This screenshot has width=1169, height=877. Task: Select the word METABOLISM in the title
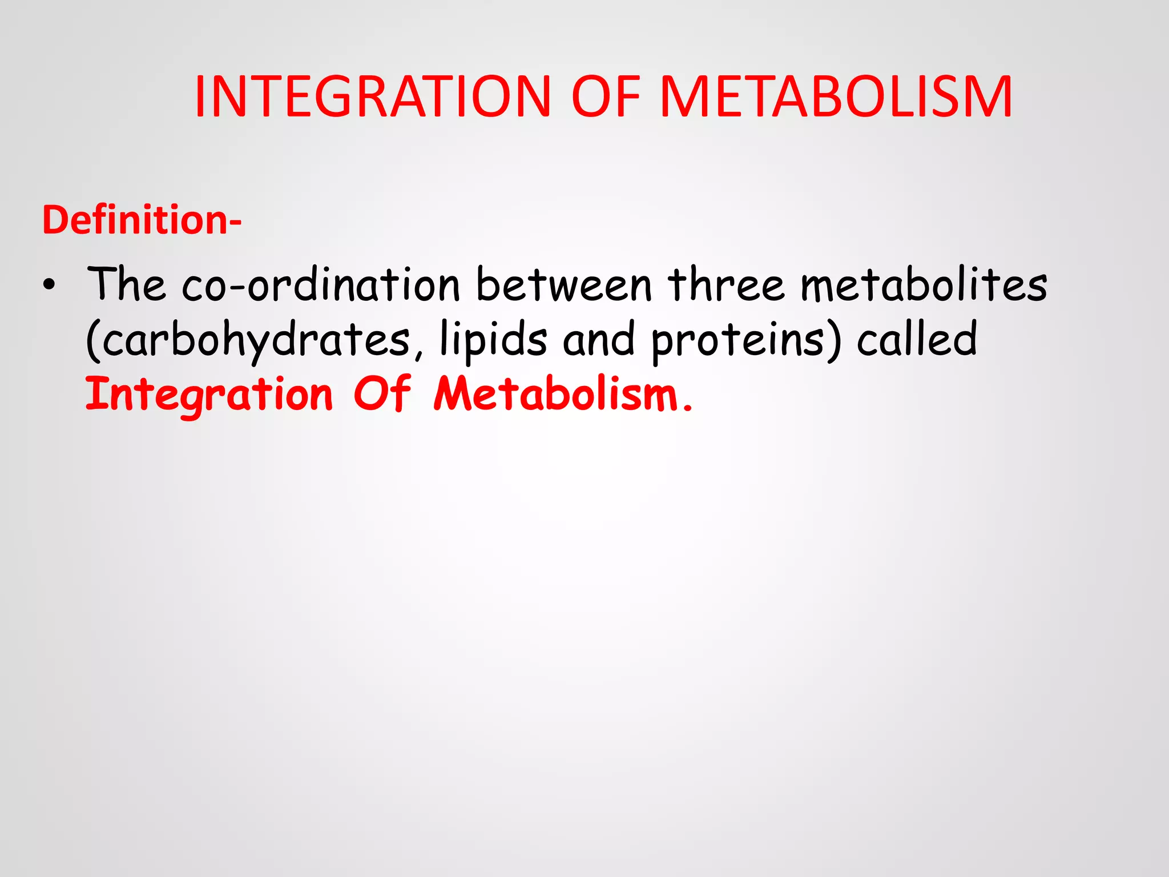[x=836, y=97]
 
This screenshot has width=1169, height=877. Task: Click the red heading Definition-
[x=142, y=220]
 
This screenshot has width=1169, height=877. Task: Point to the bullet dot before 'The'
[x=50, y=286]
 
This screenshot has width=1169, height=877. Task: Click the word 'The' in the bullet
[x=126, y=284]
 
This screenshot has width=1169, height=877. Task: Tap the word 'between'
[x=563, y=284]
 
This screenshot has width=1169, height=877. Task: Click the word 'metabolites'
[x=924, y=284]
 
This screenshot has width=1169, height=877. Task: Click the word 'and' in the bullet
[x=598, y=340]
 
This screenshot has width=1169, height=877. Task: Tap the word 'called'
[x=917, y=339]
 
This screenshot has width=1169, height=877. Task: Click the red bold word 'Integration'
[x=209, y=395]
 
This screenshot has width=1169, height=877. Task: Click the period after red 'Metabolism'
[x=687, y=408]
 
